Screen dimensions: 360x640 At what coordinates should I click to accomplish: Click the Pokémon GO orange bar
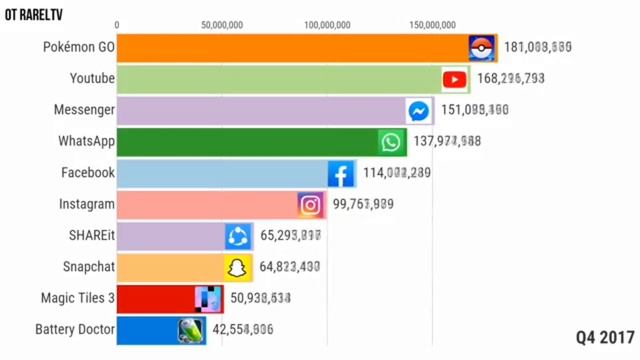point(290,48)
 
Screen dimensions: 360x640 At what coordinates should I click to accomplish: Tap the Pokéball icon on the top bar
point(483,48)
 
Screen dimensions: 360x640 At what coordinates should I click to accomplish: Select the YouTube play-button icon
point(455,79)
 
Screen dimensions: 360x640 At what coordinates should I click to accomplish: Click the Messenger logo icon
point(419,111)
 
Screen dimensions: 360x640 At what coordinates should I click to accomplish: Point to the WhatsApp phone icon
point(391,142)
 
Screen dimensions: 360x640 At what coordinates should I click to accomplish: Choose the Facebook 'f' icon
point(341,174)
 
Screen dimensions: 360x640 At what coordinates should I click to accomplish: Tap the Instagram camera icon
point(311,205)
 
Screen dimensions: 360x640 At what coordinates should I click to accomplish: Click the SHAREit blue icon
point(238,236)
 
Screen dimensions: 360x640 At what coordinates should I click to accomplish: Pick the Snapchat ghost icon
point(237,268)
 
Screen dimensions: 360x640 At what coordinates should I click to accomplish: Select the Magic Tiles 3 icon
point(208,298)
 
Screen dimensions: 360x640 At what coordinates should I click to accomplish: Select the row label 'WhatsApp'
point(87,142)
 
